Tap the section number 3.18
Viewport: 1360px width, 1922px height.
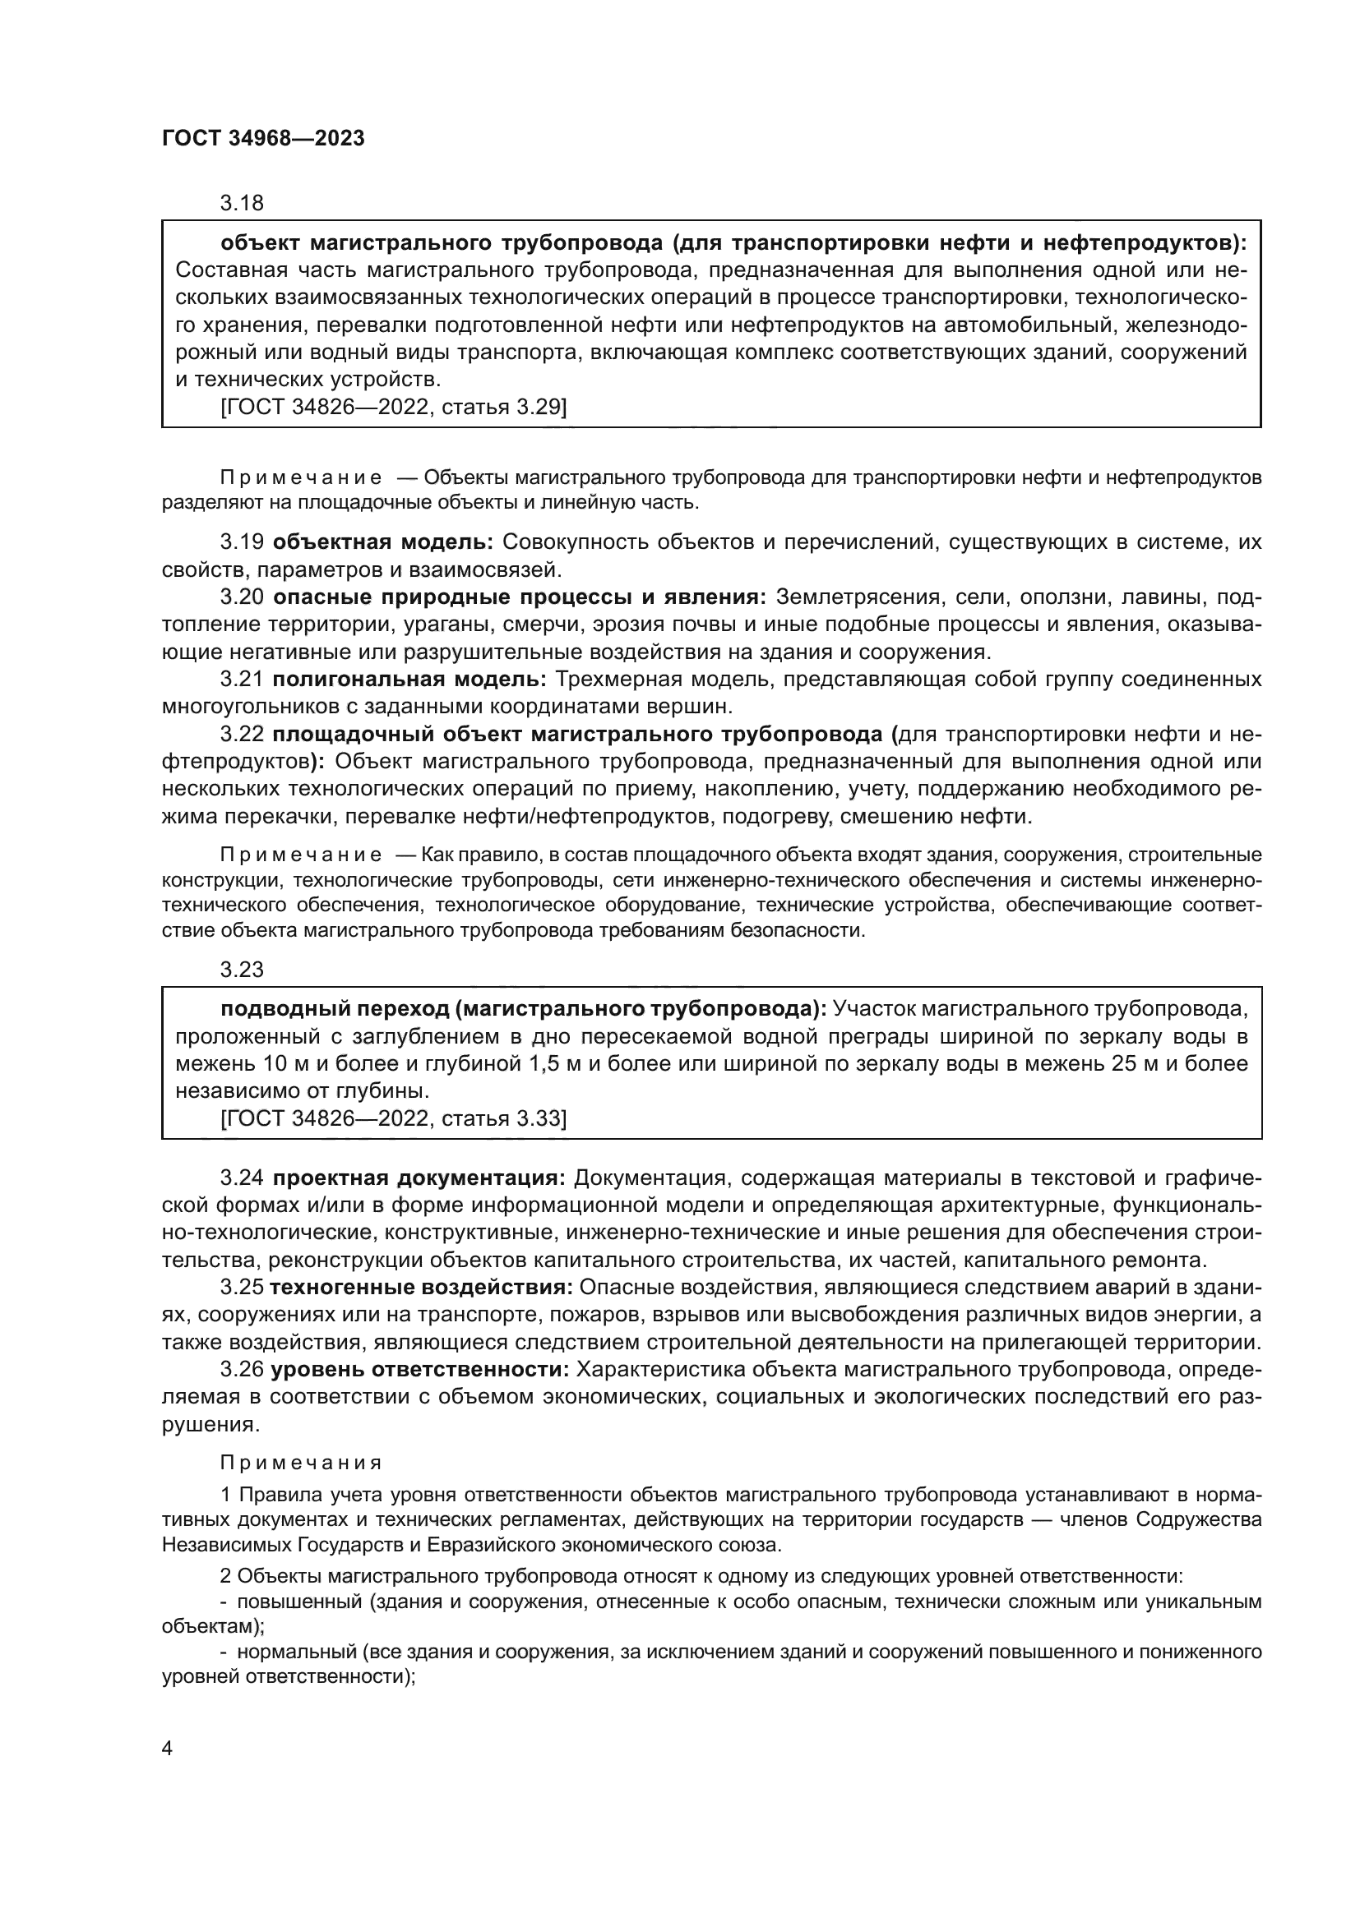click(x=241, y=204)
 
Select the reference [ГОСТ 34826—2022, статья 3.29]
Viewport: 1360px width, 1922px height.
click(x=393, y=407)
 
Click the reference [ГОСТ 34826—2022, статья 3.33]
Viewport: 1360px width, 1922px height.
click(x=393, y=1118)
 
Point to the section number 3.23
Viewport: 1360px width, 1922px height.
click(x=241, y=970)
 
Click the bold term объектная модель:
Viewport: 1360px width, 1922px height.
click(x=383, y=542)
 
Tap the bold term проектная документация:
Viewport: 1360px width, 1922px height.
click(x=419, y=1178)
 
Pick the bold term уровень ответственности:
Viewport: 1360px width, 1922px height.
click(x=419, y=1370)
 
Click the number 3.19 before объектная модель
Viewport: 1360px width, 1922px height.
click(x=242, y=542)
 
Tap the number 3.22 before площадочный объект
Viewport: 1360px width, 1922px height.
click(x=242, y=734)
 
